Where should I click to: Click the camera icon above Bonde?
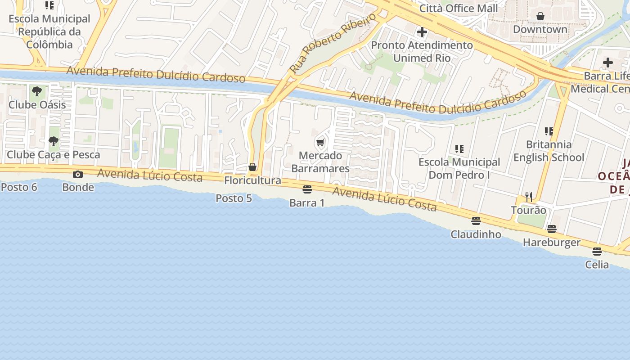tap(78, 174)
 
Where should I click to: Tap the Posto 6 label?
tap(19, 187)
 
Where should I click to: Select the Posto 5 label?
tap(234, 198)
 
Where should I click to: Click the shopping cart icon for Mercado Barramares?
tap(320, 143)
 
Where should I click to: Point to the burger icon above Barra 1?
tap(307, 189)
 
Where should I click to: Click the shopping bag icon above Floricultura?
tap(252, 167)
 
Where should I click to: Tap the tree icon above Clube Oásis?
tap(37, 92)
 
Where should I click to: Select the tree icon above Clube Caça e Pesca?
tap(54, 141)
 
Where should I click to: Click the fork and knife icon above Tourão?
tap(529, 197)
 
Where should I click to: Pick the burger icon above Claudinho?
tap(476, 221)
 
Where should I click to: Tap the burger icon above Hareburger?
tap(552, 229)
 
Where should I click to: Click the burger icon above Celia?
tap(597, 252)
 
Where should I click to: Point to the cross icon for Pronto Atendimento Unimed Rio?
tap(422, 32)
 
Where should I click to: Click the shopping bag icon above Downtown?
tap(540, 16)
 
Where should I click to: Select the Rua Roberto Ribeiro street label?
tap(333, 43)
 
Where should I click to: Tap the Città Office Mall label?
tap(459, 8)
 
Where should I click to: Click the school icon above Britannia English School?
tap(549, 131)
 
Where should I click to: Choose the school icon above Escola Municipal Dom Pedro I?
tap(459, 148)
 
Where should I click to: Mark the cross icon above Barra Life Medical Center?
tap(608, 63)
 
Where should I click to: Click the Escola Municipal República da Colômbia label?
tap(49, 31)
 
